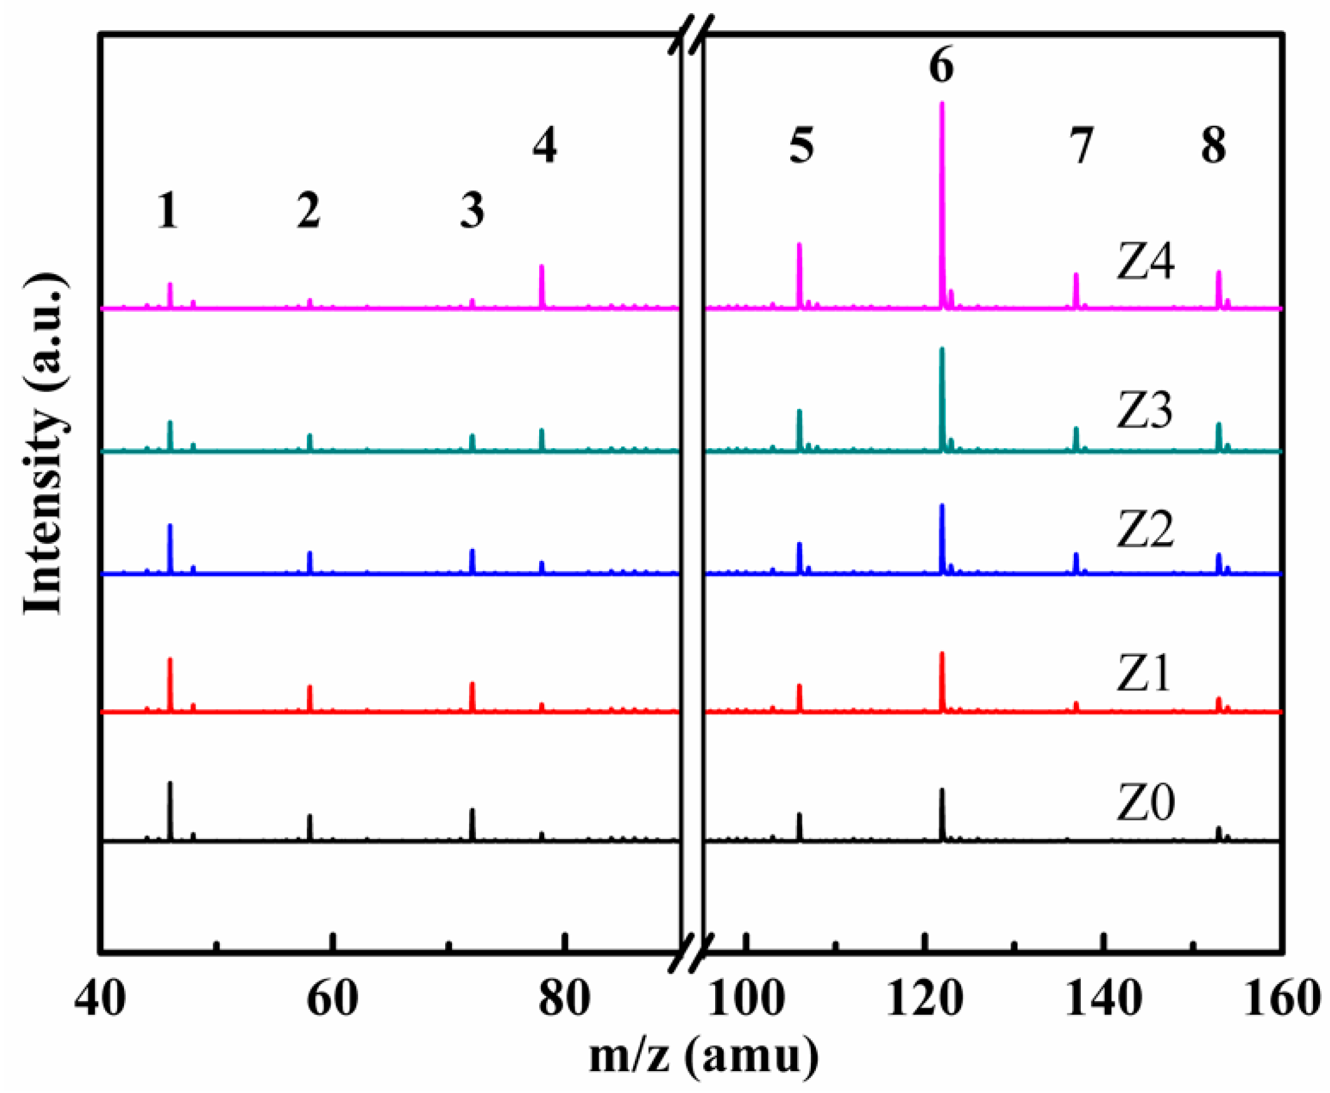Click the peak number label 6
coord(941,66)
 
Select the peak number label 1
coord(168,211)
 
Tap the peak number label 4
coord(545,146)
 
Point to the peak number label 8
coord(1214,146)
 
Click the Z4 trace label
coord(1145,262)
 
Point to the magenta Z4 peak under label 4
coord(542,287)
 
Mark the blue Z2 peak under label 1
coord(170,548)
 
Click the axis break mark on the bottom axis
coord(691,963)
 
